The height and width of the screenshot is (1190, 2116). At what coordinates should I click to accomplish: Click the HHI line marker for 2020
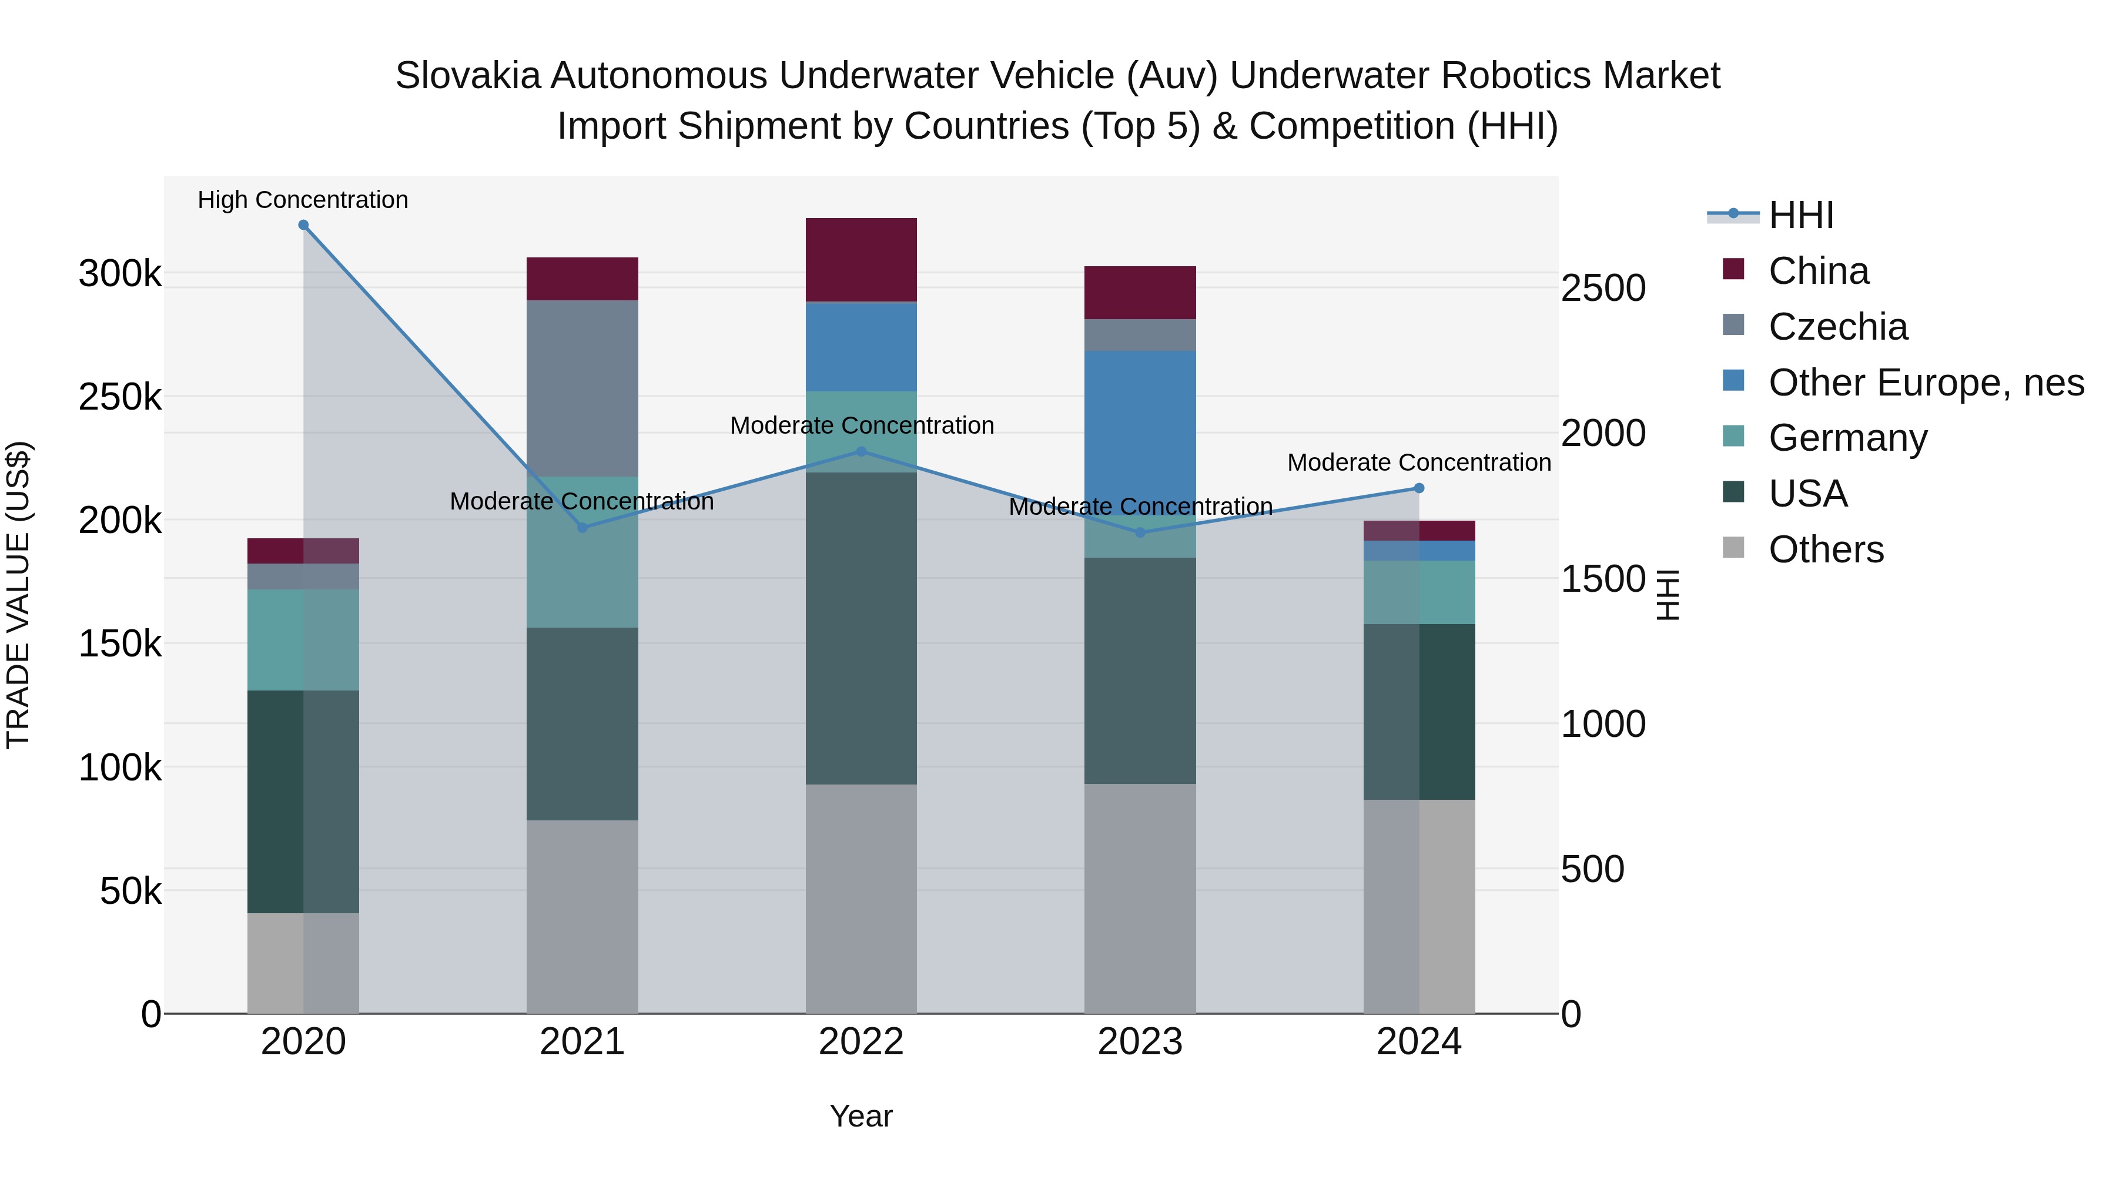pos(303,225)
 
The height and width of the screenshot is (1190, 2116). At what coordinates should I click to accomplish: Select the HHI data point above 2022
pos(861,452)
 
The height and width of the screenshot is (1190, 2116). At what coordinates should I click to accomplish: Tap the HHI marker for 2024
pos(1419,489)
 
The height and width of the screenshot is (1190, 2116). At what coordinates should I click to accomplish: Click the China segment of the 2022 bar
pos(861,260)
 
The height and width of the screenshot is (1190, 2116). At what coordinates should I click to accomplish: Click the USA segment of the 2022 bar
pos(861,628)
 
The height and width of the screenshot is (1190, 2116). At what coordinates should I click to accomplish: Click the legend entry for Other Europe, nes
pos(1926,383)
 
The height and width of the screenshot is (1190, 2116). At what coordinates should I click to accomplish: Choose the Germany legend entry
pos(1847,438)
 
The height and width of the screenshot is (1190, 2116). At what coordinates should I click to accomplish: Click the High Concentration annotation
pos(303,200)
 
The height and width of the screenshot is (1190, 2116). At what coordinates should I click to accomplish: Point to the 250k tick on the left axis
pos(120,397)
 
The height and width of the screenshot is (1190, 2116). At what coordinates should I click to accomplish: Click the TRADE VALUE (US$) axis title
pos(18,595)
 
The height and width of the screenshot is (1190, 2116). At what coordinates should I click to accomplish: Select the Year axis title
pos(861,1116)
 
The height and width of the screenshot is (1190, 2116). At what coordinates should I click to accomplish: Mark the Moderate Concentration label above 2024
pos(1419,462)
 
